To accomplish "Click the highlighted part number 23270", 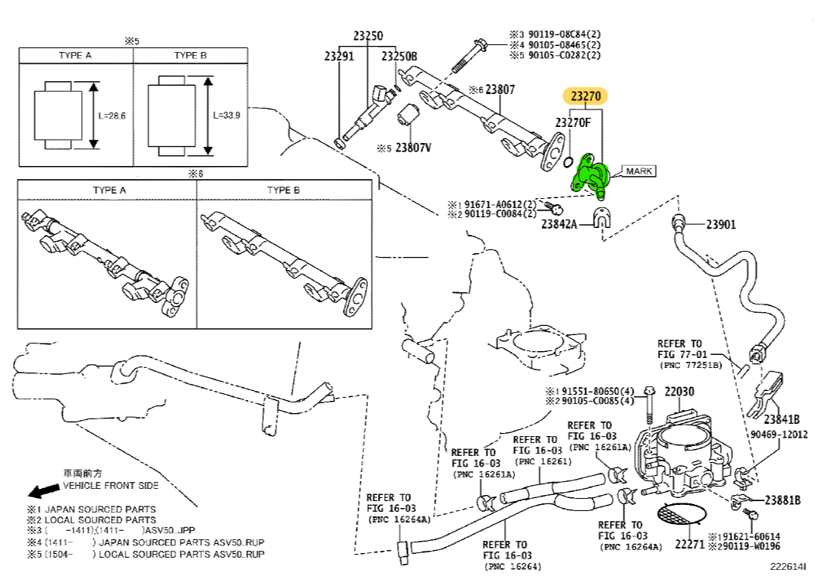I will [x=585, y=96].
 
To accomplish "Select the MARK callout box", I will [x=639, y=171].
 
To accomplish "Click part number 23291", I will [x=339, y=56].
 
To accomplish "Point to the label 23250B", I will [x=399, y=56].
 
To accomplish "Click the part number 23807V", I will [x=413, y=147].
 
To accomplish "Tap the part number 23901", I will [x=721, y=224].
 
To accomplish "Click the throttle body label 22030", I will [x=679, y=392].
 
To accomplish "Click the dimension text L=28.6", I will [x=112, y=116].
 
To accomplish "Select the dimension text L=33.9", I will [x=227, y=116].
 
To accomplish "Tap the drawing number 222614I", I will [x=788, y=567].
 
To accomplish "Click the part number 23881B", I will [x=782, y=500].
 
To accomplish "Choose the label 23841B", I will [x=781, y=418].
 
